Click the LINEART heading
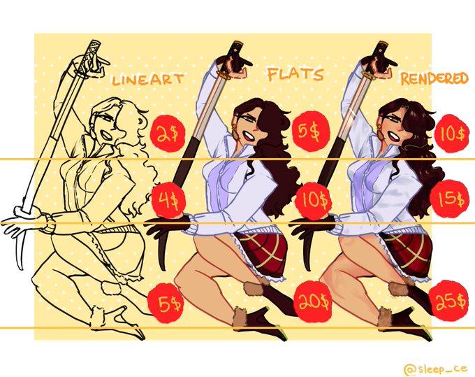(148, 80)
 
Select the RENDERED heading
(434, 78)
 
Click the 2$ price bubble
(168, 132)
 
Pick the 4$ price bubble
(168, 200)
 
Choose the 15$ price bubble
(451, 199)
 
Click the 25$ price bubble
(451, 300)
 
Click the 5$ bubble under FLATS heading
(310, 131)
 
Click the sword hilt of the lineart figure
(94, 48)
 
